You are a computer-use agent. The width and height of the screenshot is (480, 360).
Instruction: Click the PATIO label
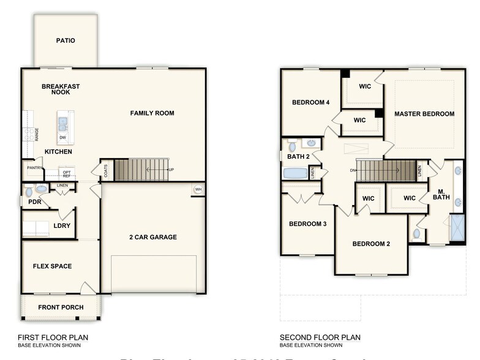[x=66, y=41]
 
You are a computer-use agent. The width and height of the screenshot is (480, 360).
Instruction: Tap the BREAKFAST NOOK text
[x=61, y=89]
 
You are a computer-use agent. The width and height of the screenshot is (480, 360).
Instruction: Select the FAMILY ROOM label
[x=152, y=113]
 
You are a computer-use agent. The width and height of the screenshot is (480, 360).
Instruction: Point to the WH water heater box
[x=198, y=190]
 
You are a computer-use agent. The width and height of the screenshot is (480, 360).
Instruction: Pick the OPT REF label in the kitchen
[x=67, y=174]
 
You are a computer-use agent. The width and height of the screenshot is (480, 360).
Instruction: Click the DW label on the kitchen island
[x=63, y=138]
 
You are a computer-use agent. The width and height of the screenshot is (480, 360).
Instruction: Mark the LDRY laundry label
[x=62, y=226]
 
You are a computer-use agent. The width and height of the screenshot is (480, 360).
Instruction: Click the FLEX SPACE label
[x=52, y=266]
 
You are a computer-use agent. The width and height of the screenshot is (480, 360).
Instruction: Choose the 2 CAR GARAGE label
[x=152, y=238]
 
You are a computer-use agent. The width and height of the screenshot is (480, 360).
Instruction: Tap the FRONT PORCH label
[x=61, y=307]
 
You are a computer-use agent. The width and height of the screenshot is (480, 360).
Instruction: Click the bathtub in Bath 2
[x=295, y=173]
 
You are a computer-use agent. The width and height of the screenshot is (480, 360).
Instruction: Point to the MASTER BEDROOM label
[x=424, y=114]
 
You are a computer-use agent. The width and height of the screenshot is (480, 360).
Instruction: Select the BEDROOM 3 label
[x=307, y=224]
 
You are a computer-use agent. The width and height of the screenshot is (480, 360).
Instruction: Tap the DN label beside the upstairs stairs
[x=353, y=171]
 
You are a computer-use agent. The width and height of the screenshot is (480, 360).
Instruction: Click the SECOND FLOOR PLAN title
[x=320, y=337]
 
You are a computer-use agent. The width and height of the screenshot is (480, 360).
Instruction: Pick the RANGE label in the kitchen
[x=37, y=134]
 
